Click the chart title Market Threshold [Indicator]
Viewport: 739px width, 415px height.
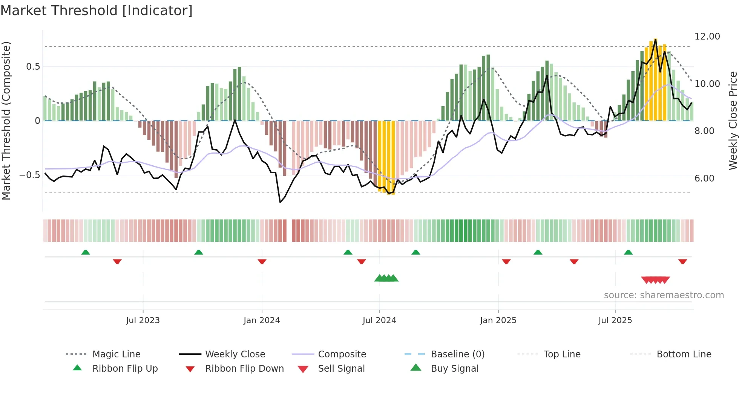pos(97,11)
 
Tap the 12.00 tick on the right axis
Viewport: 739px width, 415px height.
pos(707,37)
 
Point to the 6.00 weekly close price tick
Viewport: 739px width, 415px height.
pos(704,179)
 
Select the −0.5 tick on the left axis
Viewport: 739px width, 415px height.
pos(29,175)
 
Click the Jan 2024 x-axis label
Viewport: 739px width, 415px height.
pos(262,320)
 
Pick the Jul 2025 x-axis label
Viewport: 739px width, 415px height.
pos(615,320)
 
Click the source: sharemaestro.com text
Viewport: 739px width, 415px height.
pos(664,295)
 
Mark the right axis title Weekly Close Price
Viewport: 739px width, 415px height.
pos(733,121)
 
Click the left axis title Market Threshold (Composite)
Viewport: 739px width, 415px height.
pos(6,121)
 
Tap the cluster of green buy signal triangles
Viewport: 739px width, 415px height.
pos(386,278)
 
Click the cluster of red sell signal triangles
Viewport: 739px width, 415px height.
pos(655,280)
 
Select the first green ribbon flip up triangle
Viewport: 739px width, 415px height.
pos(86,252)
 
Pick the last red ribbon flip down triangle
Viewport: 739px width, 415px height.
pos(682,261)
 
